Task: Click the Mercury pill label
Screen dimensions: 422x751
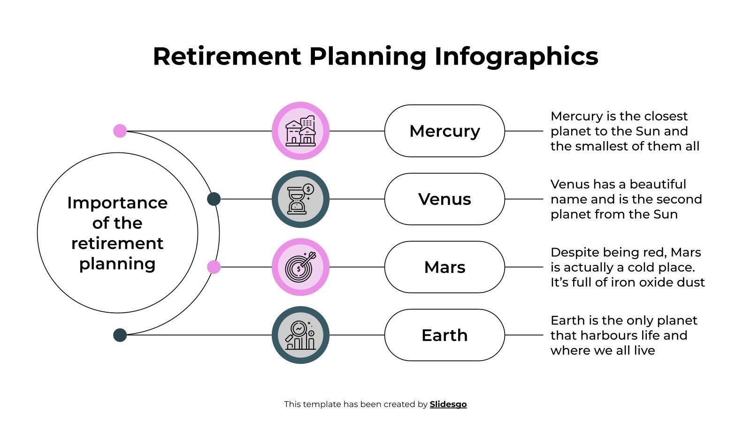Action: click(444, 131)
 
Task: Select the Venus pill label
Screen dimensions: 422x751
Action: click(444, 199)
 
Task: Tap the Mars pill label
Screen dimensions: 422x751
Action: click(444, 267)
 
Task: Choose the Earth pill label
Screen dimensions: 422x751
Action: click(444, 335)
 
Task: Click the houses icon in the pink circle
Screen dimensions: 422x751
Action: click(300, 131)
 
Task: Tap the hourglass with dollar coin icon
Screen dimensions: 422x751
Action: click(300, 199)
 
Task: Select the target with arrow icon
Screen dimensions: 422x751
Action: click(300, 267)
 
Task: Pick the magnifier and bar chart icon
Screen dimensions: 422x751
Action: click(300, 335)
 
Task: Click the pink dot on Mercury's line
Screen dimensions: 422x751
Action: click(120, 131)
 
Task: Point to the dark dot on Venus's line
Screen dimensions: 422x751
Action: click(214, 199)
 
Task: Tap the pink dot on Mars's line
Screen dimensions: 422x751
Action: click(214, 267)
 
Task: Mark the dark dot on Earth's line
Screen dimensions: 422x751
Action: click(120, 335)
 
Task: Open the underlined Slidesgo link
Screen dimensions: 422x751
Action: click(448, 404)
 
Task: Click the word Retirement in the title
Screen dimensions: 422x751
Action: click(227, 56)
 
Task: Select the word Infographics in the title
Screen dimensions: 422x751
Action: click(516, 56)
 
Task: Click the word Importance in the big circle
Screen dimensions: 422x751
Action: click(117, 203)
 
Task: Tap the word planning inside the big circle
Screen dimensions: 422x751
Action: click(117, 264)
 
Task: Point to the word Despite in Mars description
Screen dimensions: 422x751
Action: click(575, 252)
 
